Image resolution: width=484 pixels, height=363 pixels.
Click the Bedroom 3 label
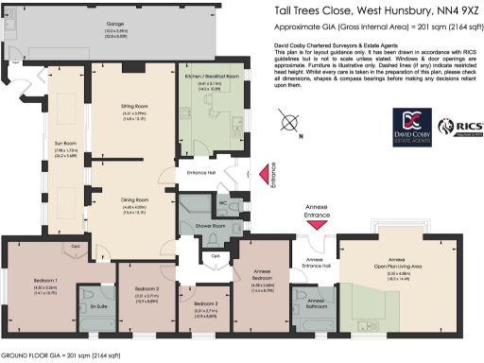tap(205, 303)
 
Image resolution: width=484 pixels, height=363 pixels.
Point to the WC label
tap(222, 201)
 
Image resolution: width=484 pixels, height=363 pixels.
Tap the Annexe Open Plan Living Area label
tap(395, 262)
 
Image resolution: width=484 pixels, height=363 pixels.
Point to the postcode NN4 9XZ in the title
tap(453, 11)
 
